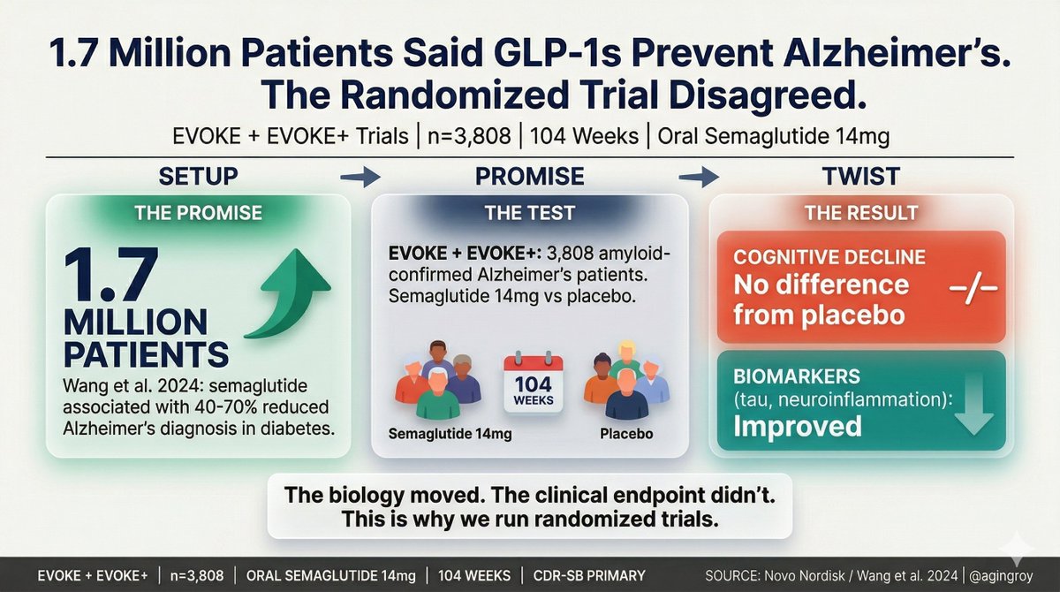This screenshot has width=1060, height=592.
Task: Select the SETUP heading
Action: point(198,176)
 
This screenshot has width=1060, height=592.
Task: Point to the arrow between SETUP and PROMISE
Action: point(360,177)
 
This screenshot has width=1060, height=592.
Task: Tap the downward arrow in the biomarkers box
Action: point(973,407)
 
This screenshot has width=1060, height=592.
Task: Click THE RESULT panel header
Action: point(861,213)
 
